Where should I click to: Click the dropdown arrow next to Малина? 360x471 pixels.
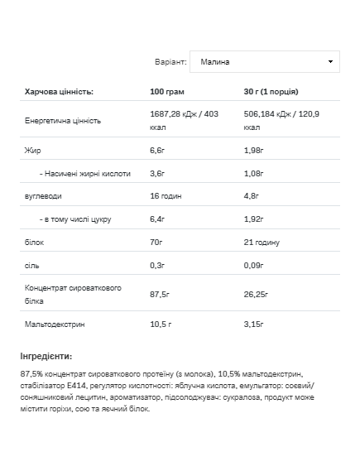(x=331, y=62)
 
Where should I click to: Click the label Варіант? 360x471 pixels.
(x=170, y=62)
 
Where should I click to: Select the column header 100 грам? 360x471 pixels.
(x=167, y=91)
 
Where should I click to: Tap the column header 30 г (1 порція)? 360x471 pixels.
(x=271, y=91)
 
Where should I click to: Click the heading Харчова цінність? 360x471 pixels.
(x=60, y=91)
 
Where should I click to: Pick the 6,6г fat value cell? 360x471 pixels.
(x=158, y=151)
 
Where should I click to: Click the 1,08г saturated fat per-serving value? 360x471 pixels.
(x=255, y=174)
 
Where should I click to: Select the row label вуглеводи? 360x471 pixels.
(x=43, y=196)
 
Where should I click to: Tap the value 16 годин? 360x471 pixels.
(x=167, y=196)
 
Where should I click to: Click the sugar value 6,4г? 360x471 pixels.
(x=158, y=219)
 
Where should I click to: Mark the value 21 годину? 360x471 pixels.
(x=262, y=242)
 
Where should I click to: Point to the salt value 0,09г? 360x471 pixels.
(x=255, y=265)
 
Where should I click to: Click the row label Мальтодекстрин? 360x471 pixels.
(x=55, y=324)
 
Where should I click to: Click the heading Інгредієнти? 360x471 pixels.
(x=46, y=356)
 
